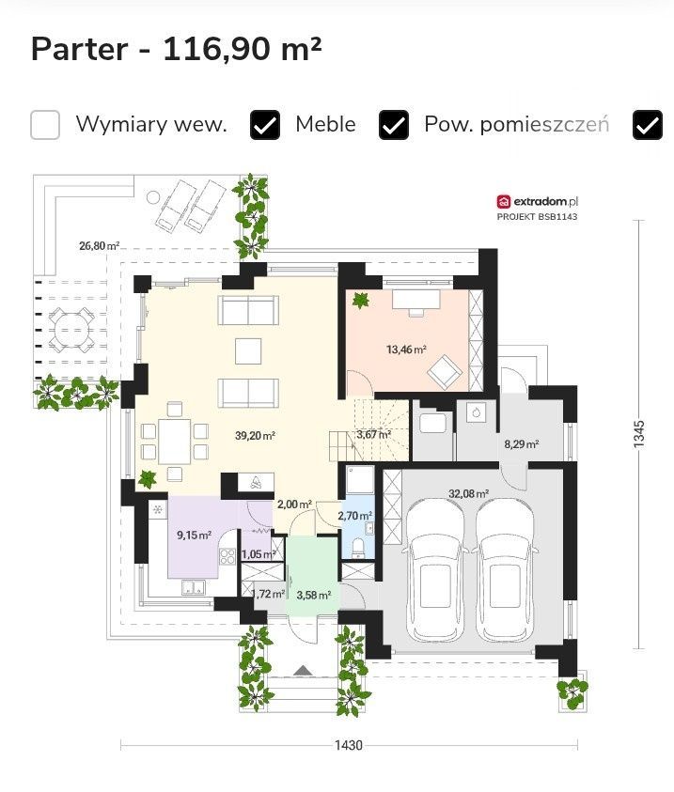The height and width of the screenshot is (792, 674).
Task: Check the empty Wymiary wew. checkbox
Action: coord(45,124)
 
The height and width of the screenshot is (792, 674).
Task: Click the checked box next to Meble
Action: coord(265,124)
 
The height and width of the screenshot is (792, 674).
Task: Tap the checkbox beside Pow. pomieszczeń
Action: coord(394,124)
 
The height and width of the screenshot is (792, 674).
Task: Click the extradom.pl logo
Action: coord(537,202)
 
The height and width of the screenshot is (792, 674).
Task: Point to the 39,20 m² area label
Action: coord(255,435)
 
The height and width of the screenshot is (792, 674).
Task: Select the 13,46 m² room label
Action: coord(406,349)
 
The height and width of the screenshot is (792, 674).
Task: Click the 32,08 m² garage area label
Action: coord(468,493)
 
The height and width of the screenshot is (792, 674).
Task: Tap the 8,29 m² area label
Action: coord(522,444)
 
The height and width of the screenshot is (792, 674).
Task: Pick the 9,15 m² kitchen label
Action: coord(194,535)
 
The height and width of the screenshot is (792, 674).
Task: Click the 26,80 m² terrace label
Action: coord(99,246)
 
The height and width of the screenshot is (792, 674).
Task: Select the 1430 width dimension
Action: coord(349,745)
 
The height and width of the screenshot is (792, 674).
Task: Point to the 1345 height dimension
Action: coord(639,434)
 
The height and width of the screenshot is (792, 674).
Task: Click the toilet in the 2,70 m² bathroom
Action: coord(358,548)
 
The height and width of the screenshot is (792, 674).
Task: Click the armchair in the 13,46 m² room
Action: coord(445,372)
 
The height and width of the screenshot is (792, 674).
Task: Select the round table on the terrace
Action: coord(71,332)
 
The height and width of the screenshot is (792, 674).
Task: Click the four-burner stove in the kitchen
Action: coord(227,556)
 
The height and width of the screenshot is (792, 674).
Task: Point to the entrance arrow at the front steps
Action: coord(303,670)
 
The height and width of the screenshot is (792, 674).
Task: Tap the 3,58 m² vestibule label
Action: coord(314,595)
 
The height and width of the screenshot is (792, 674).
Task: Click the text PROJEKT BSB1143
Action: coord(537,217)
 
